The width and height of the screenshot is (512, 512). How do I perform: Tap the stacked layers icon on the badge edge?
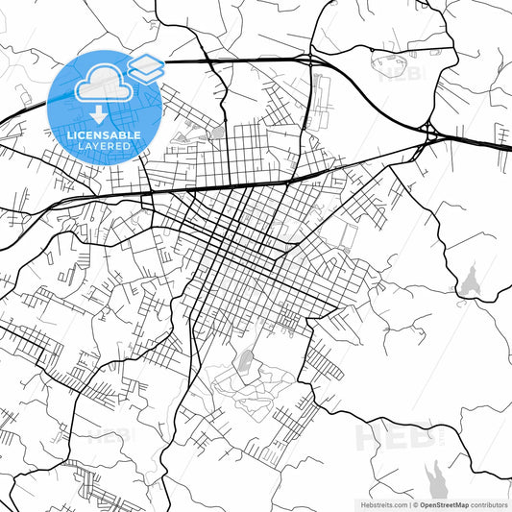pos(146,67)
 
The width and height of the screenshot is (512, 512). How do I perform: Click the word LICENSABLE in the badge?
pos(105,135)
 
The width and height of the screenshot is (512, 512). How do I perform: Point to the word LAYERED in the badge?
pos(106,147)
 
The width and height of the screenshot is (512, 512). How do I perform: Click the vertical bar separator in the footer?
pos(407,503)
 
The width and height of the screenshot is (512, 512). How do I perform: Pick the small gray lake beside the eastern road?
pos(471,281)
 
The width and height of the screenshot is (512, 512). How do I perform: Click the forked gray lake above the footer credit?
pos(436,475)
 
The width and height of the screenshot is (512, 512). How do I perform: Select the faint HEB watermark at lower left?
pos(113,435)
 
